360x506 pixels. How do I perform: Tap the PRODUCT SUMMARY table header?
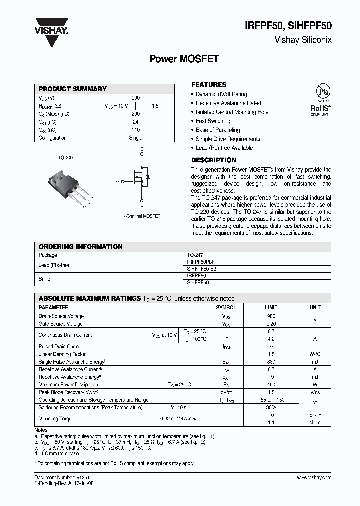coord(73,89)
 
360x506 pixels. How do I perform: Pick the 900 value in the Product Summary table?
coord(135,98)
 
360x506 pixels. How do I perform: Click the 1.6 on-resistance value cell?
coord(155,106)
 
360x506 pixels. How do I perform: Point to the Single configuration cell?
coord(135,138)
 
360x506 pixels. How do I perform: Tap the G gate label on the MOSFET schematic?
coord(118,182)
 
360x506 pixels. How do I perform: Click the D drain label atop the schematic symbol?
coord(142,149)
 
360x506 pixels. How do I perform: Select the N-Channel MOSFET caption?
coord(141,216)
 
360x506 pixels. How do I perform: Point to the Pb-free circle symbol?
coord(320,92)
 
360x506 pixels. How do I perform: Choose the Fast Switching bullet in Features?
coord(213,121)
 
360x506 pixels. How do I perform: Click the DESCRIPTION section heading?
coord(214,160)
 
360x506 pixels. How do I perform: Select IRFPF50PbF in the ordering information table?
coord(203,262)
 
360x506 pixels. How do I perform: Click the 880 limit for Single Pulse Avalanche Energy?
coord(271,362)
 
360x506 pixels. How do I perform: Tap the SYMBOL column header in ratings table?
coord(226,308)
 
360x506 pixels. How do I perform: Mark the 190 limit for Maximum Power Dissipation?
coord(271,385)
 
